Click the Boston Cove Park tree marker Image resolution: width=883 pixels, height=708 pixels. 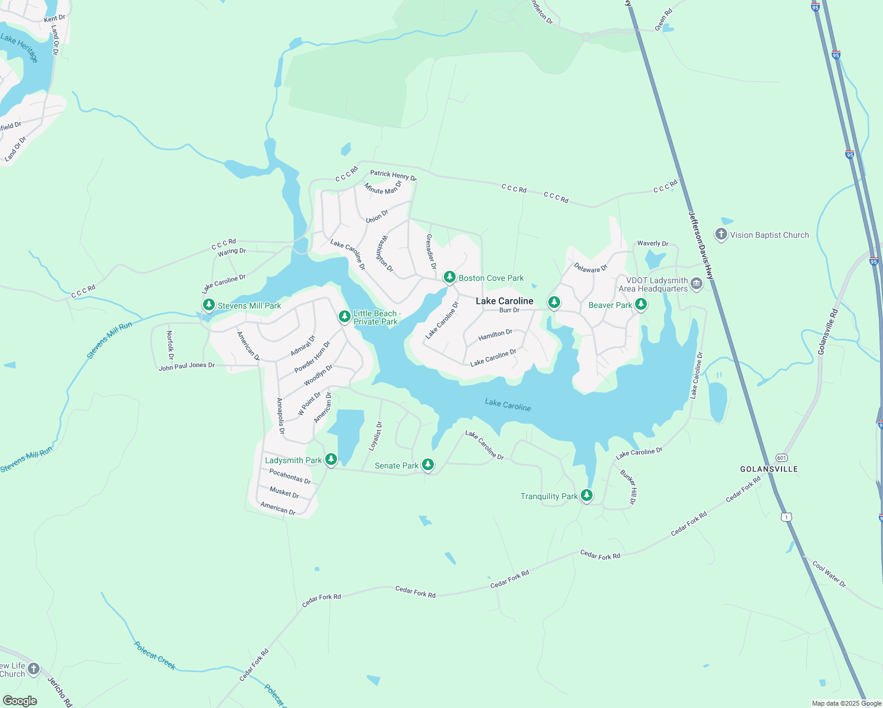pyautogui.click(x=449, y=277)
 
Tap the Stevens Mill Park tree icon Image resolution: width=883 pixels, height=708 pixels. pyautogui.click(x=208, y=304)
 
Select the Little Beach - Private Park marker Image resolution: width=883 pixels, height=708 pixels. pyautogui.click(x=345, y=316)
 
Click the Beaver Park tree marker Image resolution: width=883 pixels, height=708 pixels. pyautogui.click(x=640, y=304)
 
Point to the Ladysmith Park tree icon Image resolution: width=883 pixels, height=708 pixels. pyautogui.click(x=331, y=459)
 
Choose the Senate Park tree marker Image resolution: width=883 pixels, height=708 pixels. pyautogui.click(x=428, y=465)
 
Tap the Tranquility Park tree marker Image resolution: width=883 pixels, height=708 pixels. pyautogui.click(x=586, y=494)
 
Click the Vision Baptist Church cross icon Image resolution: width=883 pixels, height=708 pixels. pyautogui.click(x=721, y=234)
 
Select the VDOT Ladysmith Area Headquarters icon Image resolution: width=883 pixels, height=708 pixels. pyautogui.click(x=696, y=284)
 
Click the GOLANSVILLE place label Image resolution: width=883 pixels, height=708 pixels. pyautogui.click(x=769, y=469)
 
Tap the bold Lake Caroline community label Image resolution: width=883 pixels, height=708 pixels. pyautogui.click(x=505, y=301)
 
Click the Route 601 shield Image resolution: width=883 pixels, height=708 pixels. pyautogui.click(x=781, y=458)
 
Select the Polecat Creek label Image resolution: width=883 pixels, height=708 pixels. pyautogui.click(x=155, y=655)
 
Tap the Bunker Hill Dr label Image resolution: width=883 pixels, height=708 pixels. pyautogui.click(x=629, y=487)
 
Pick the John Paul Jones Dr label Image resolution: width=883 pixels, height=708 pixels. pyautogui.click(x=187, y=366)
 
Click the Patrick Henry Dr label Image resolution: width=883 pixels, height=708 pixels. pyautogui.click(x=393, y=175)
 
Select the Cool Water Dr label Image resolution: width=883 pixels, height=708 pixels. pyautogui.click(x=829, y=574)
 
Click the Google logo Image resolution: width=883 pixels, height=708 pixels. pyautogui.click(x=20, y=701)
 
